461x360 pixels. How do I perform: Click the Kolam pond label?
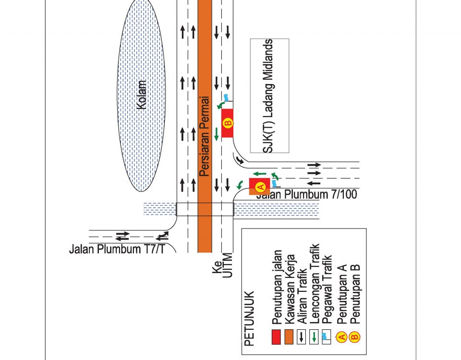[x=142, y=95]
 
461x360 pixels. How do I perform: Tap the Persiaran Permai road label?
[x=205, y=136]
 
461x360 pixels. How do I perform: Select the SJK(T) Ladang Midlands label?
[x=269, y=96]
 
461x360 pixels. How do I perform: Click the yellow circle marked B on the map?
[x=228, y=123]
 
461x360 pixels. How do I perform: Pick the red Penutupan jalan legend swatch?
[x=276, y=337]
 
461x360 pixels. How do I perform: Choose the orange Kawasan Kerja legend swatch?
[x=289, y=337]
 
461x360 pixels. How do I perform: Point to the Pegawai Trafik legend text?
[x=328, y=292]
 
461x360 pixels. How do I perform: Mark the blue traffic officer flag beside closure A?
[x=274, y=183]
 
